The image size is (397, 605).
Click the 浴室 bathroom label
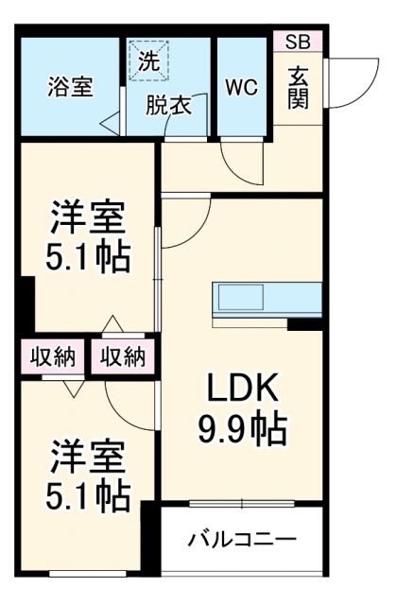[x=71, y=88]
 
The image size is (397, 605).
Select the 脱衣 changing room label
[x=168, y=105]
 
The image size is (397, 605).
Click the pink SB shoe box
[x=297, y=41]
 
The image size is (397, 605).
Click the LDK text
[x=241, y=389]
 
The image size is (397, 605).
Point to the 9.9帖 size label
[x=241, y=431]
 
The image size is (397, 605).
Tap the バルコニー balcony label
[x=241, y=541]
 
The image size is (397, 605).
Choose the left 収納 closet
[x=52, y=356]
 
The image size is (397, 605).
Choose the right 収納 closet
[x=122, y=356]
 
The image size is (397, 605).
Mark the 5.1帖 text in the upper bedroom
[x=87, y=258]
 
